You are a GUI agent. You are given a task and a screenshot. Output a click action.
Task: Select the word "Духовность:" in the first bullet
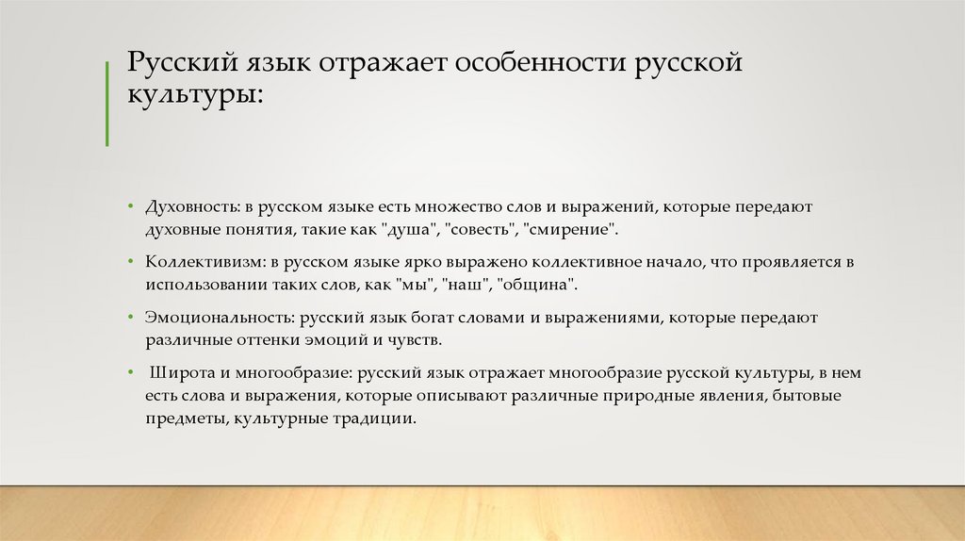click(x=188, y=205)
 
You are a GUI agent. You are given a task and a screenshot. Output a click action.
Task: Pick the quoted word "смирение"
click(x=573, y=229)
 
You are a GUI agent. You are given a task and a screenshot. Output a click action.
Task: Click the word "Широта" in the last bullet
click(x=176, y=372)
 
